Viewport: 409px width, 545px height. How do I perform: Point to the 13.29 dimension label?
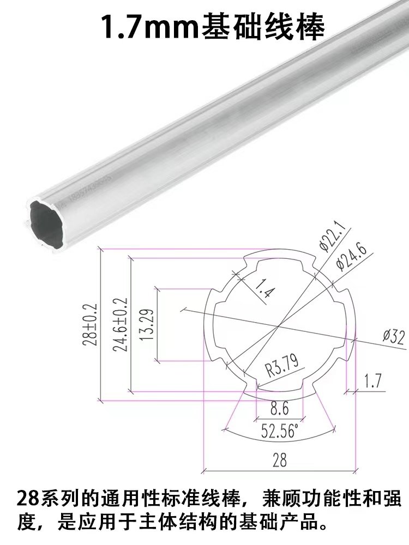click(x=146, y=325)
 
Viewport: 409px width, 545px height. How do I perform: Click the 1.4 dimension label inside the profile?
click(x=264, y=288)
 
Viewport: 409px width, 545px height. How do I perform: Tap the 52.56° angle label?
click(x=279, y=432)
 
